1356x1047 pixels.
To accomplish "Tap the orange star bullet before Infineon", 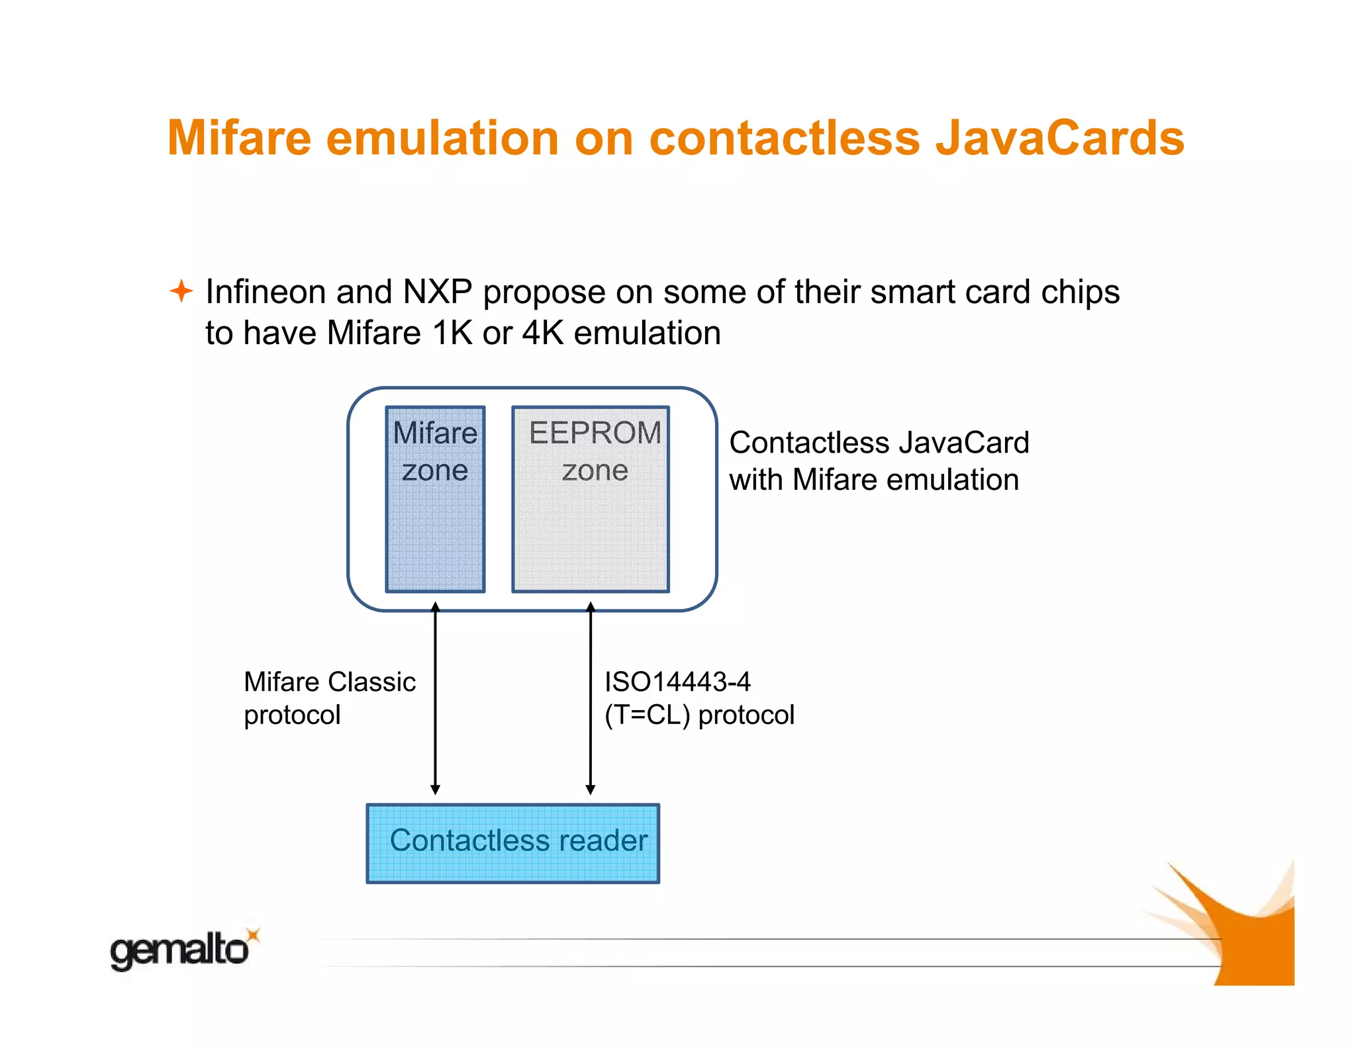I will (x=181, y=291).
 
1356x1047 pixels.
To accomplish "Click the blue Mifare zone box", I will (x=435, y=529).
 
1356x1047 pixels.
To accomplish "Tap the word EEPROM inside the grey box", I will (x=595, y=433).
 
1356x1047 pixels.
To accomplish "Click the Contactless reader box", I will (x=512, y=843).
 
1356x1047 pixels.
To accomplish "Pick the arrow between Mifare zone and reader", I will (x=435, y=698).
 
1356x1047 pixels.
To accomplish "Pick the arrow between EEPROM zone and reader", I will (x=591, y=698).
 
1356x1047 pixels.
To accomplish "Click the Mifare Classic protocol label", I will (x=329, y=698).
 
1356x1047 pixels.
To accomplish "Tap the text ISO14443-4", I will (x=677, y=682).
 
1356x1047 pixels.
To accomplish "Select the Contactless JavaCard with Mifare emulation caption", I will (x=878, y=461).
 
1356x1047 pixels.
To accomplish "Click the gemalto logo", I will (x=179, y=951).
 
